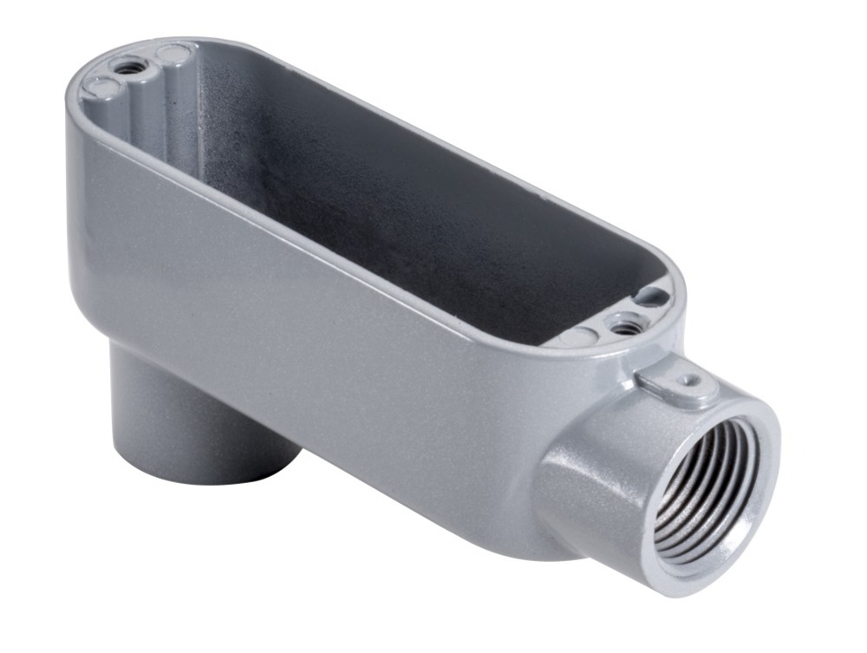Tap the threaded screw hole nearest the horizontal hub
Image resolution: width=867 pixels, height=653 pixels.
[x=623, y=325]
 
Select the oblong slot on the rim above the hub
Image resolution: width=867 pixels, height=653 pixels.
[x=652, y=297]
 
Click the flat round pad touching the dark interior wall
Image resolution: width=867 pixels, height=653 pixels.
[x=173, y=54]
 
